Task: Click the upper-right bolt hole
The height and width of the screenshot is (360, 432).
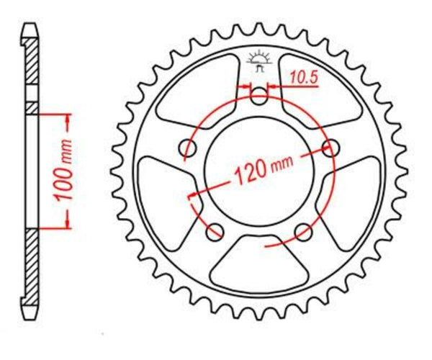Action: point(331,148)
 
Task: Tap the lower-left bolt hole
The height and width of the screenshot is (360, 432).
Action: point(214,232)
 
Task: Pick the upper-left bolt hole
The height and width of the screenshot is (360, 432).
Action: point(188,148)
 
